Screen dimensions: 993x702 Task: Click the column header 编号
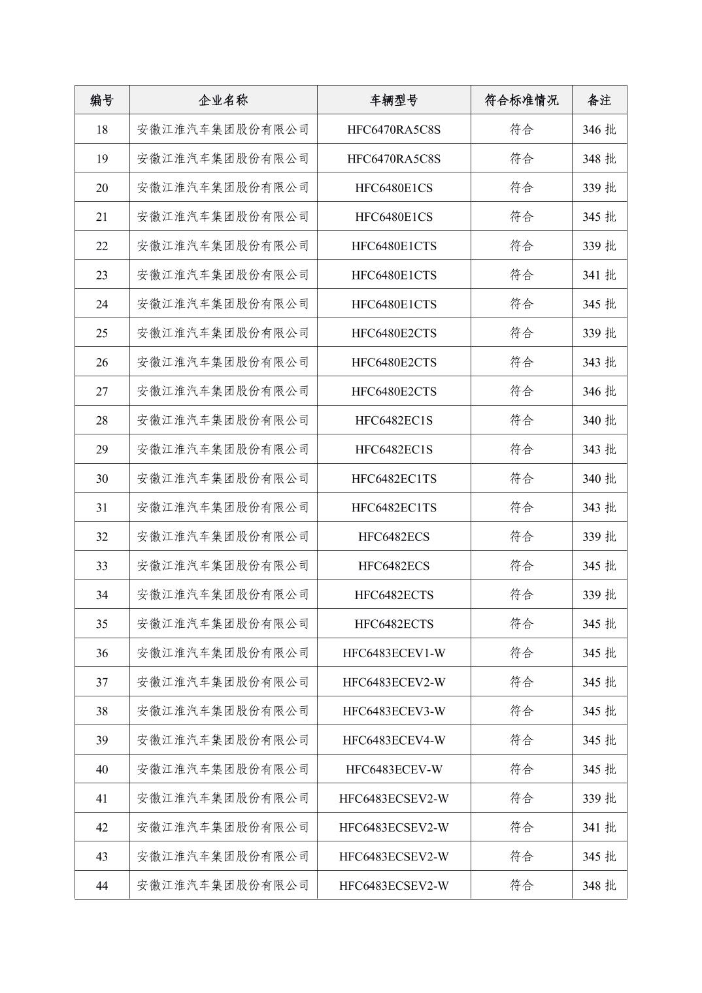(x=102, y=100)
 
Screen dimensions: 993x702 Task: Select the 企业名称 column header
(x=223, y=100)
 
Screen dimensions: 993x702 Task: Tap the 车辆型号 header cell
(x=393, y=100)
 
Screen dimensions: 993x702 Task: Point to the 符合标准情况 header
(x=521, y=100)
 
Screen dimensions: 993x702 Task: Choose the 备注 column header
(x=599, y=100)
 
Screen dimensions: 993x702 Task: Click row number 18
(x=102, y=129)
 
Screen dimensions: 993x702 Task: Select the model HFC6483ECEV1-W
(x=393, y=653)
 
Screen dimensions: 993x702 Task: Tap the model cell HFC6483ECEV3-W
(x=393, y=711)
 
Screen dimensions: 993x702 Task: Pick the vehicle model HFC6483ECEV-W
(x=393, y=769)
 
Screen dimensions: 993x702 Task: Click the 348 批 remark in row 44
(x=599, y=885)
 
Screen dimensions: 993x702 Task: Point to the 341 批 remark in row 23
(x=599, y=275)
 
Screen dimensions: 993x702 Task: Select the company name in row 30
(x=223, y=478)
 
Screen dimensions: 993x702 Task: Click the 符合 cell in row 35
(x=521, y=624)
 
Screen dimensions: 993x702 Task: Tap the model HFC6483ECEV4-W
(x=393, y=740)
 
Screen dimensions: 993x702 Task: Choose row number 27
(x=102, y=391)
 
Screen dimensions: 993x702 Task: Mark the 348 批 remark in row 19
(x=599, y=159)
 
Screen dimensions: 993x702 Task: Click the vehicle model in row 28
(x=393, y=420)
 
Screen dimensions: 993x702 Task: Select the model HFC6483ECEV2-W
(x=393, y=682)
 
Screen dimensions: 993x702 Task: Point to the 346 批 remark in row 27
(x=599, y=391)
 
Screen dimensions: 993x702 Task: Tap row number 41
(x=102, y=798)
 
